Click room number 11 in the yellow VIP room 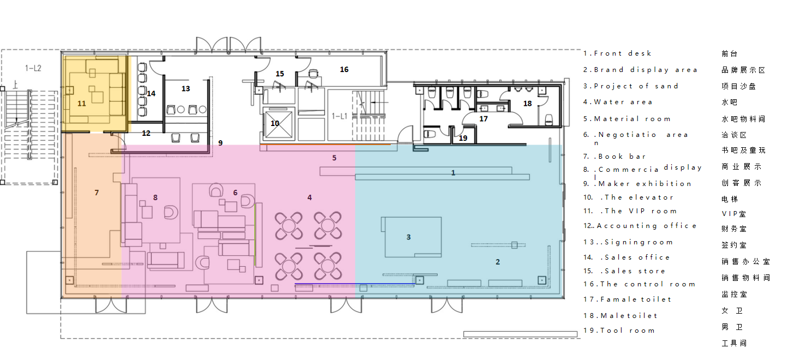(x=82, y=103)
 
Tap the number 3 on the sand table (x=408, y=237)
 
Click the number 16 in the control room (x=344, y=70)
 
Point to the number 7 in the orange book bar (x=97, y=193)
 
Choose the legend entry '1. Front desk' (x=617, y=53)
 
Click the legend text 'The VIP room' (x=641, y=211)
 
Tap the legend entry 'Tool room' (x=628, y=331)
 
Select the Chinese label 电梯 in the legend (x=730, y=199)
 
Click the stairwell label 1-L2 (x=33, y=68)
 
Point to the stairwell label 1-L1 (x=339, y=116)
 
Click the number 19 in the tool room (x=463, y=138)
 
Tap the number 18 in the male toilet (x=527, y=103)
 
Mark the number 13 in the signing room (x=186, y=88)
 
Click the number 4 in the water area (x=309, y=197)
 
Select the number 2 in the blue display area (x=498, y=262)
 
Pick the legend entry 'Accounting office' (x=647, y=226)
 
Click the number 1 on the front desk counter (x=453, y=172)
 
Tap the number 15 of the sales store (x=279, y=74)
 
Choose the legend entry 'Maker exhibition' (x=645, y=183)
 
